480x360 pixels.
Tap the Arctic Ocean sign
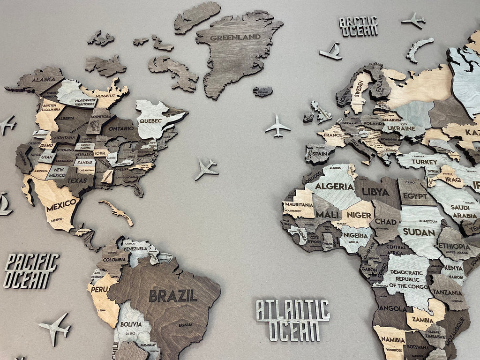pyautogui.click(x=359, y=26)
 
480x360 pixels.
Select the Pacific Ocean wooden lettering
pyautogui.click(x=31, y=270)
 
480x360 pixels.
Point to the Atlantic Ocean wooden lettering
pyautogui.click(x=292, y=320)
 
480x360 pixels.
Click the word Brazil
pyautogui.click(x=173, y=296)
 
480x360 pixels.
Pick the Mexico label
pyautogui.click(x=61, y=205)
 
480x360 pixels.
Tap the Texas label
pyautogui.click(x=77, y=180)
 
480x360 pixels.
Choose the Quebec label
pyautogui.click(x=150, y=120)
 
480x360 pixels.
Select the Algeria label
pyautogui.click(x=334, y=186)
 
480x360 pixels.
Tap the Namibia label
pyautogui.click(x=393, y=339)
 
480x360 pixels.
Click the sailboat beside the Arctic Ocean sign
pyautogui.click(x=331, y=52)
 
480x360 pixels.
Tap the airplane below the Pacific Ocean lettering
pyautogui.click(x=55, y=328)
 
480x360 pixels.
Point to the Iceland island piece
pyautogui.click(x=263, y=91)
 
